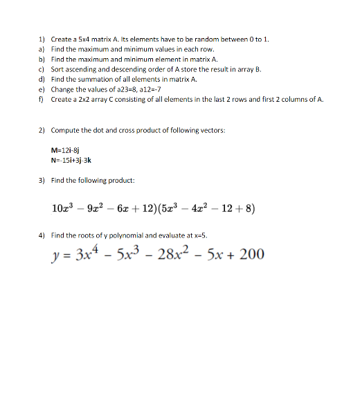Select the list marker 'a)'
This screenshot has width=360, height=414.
coord(41,50)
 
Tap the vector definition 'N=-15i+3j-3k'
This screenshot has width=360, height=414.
coord(72,159)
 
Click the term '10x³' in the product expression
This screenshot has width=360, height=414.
coord(63,207)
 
